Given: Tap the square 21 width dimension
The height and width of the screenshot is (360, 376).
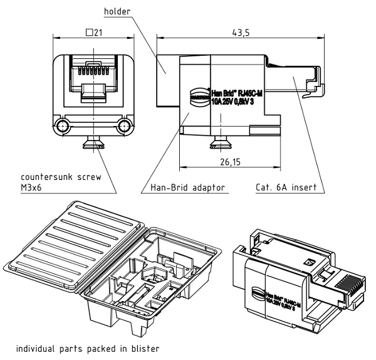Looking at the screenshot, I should point(93,33).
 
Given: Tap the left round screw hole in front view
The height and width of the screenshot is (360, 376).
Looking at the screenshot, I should point(63,127).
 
